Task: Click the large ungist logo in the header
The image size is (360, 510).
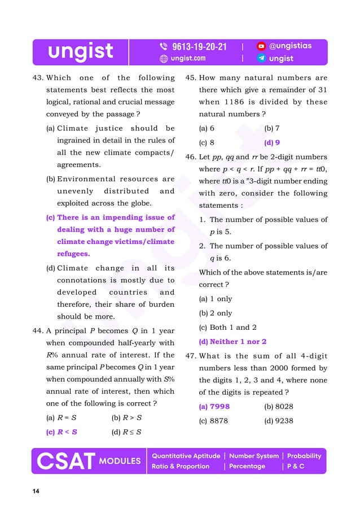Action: click(x=80, y=51)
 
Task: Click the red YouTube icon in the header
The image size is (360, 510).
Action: click(x=261, y=46)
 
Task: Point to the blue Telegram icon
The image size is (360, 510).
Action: click(x=261, y=58)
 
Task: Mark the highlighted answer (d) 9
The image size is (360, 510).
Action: click(x=272, y=143)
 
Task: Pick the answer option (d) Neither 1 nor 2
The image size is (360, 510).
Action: click(x=232, y=342)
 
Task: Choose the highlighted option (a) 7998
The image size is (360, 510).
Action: click(x=214, y=406)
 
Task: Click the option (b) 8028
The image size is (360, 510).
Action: click(x=279, y=406)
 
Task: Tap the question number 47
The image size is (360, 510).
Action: click(x=191, y=356)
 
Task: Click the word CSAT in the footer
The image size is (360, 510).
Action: click(x=65, y=461)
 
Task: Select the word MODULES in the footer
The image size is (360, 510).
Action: click(x=120, y=461)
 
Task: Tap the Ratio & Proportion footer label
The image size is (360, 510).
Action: click(x=181, y=467)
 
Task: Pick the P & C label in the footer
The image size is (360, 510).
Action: click(x=296, y=467)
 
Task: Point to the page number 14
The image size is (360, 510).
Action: click(x=36, y=491)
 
